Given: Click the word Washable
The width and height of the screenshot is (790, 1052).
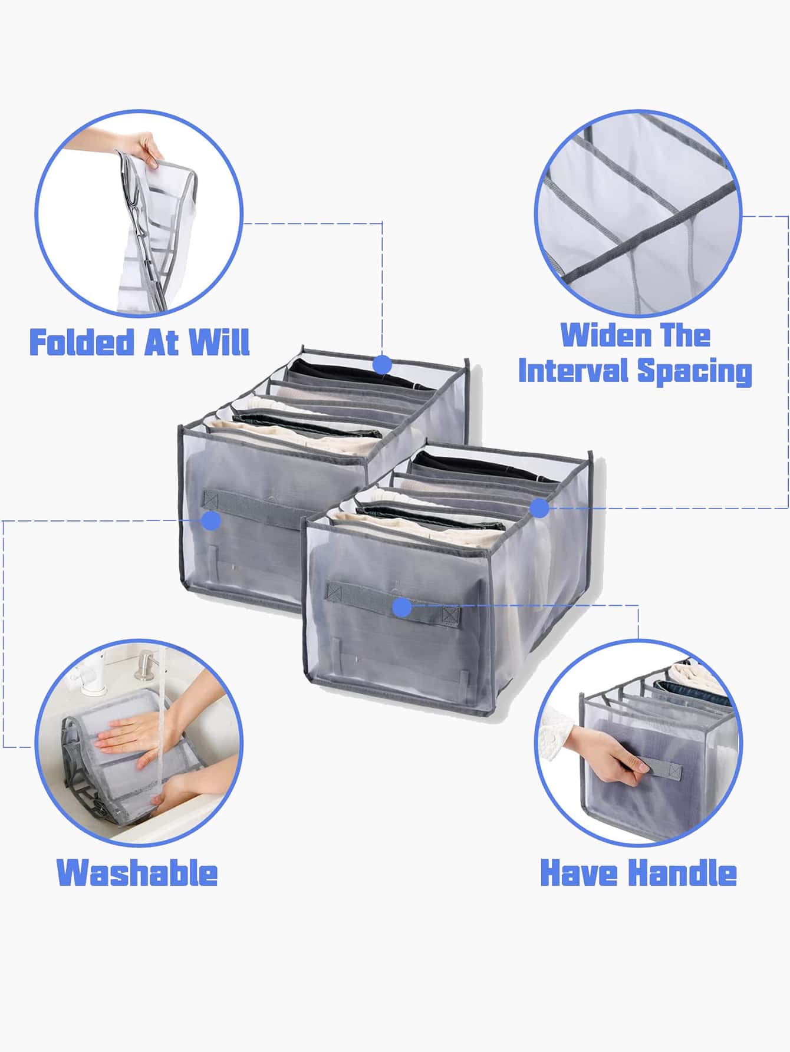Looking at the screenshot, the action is click(137, 873).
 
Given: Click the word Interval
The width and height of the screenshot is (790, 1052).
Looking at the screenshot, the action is click(573, 371).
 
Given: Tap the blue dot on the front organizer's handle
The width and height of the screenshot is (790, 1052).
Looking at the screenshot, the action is click(402, 606).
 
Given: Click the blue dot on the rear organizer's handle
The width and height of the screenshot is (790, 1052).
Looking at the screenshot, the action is click(210, 520).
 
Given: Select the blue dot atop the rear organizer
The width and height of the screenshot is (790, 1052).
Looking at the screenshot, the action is click(383, 365).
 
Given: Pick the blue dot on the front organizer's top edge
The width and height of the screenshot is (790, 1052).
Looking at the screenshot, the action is click(539, 508).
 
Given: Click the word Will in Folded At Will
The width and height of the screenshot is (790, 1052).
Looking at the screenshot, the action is click(219, 342).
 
